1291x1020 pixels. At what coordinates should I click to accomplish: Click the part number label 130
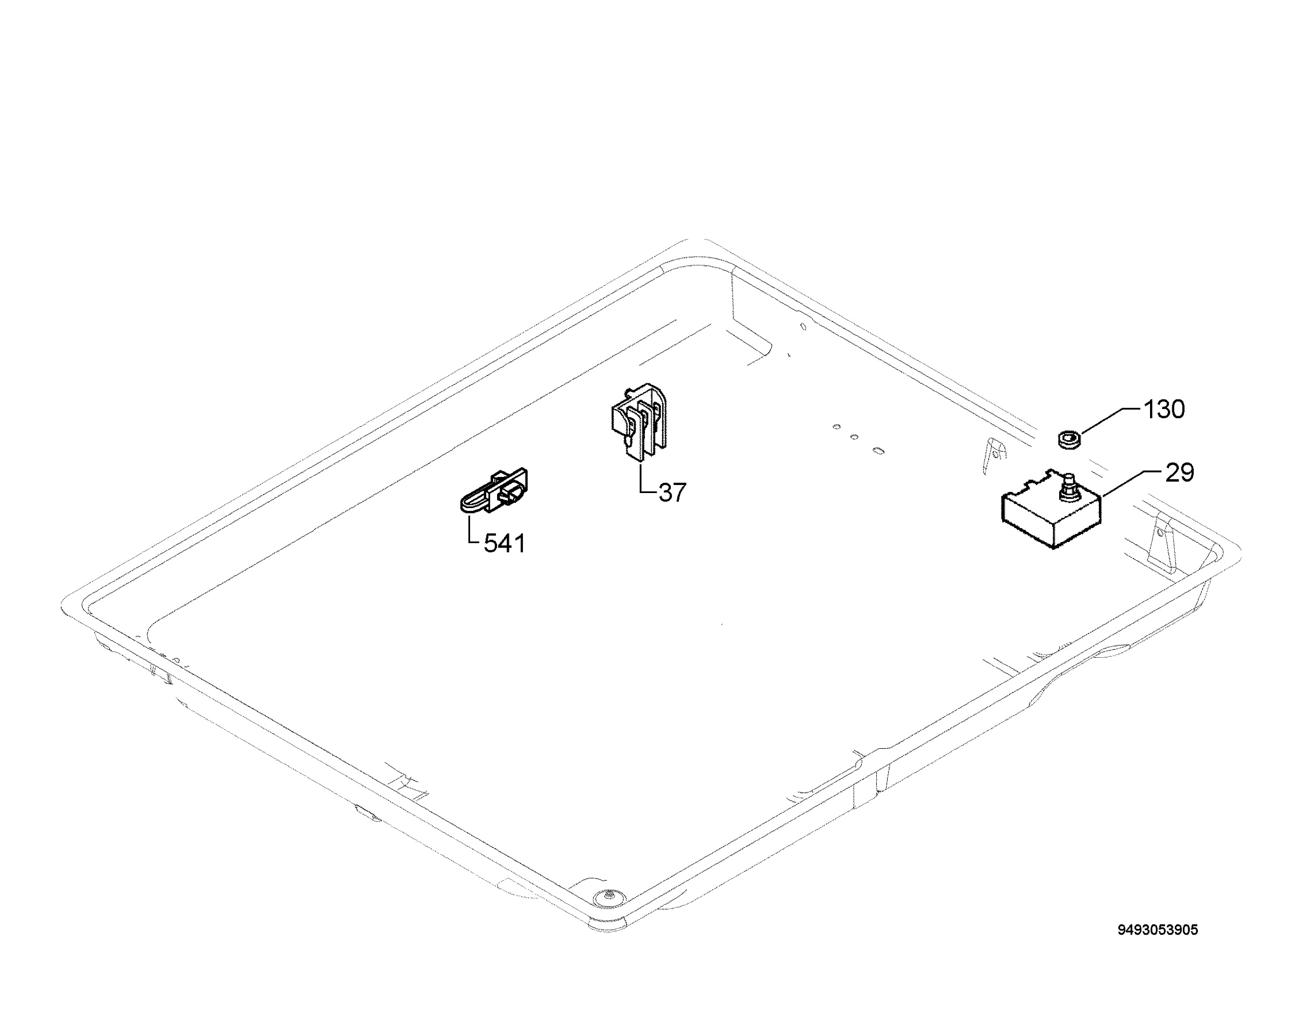click(1164, 410)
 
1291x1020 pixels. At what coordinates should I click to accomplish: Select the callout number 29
click(1180, 473)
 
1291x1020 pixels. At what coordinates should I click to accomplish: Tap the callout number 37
click(672, 493)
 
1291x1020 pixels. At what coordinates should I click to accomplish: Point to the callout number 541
click(505, 544)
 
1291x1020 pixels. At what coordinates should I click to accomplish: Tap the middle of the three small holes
click(854, 437)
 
